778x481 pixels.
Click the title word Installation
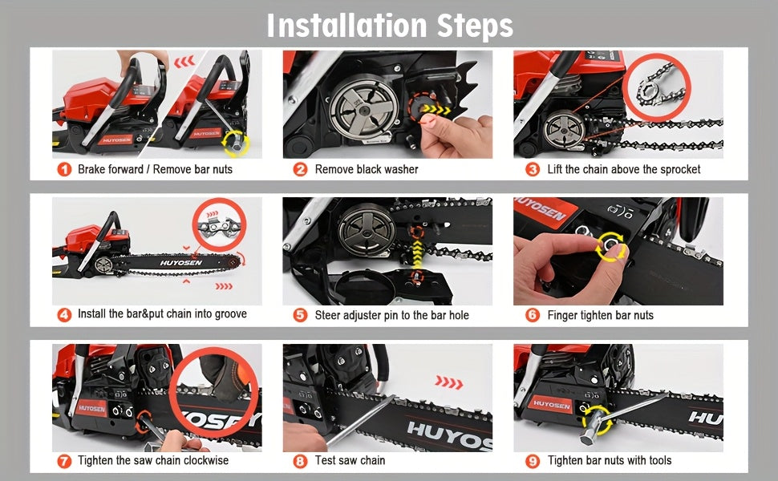[x=346, y=25]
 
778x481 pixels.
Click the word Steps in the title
[x=475, y=26]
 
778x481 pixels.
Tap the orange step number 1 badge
[x=64, y=170]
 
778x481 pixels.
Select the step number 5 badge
[x=300, y=315]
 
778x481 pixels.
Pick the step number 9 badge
[x=532, y=461]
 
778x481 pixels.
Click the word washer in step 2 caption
[x=400, y=170]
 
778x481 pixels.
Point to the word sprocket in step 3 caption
[x=680, y=170]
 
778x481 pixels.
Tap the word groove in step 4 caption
[x=230, y=314]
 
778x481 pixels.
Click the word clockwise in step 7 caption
[x=204, y=460]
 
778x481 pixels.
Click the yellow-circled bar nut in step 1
[x=235, y=143]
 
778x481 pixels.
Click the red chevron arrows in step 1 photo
[x=184, y=62]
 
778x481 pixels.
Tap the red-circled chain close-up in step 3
[x=656, y=87]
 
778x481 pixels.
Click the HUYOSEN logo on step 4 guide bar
[x=181, y=262]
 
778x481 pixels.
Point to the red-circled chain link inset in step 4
[x=219, y=224]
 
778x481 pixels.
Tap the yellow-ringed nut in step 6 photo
[x=610, y=245]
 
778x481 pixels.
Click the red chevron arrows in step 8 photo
[x=448, y=382]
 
